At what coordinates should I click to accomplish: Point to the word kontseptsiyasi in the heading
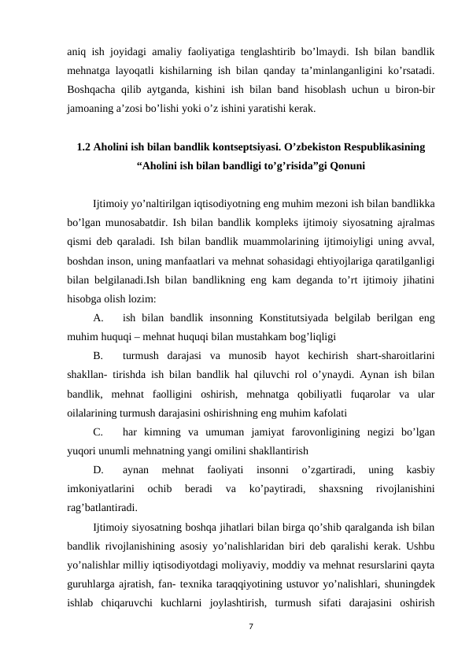(x=227, y=146)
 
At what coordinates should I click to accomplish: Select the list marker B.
(x=98, y=356)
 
